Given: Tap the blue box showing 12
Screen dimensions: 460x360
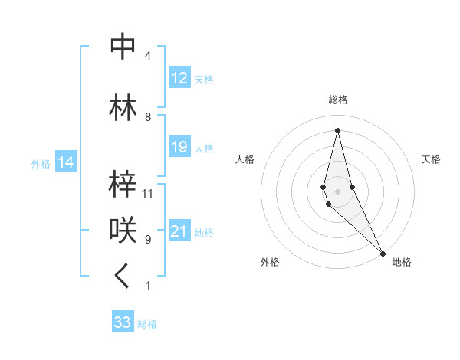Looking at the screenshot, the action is tap(179, 78).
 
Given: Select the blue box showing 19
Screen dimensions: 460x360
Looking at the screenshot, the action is tap(179, 147).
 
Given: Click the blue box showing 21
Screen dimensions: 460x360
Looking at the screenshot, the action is tap(179, 231).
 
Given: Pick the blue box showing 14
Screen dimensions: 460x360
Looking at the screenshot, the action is tap(65, 162).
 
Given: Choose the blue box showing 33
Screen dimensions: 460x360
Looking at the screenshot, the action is tap(122, 322).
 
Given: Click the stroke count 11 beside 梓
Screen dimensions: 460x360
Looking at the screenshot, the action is tap(148, 194).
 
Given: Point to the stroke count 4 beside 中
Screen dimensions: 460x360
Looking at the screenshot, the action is tap(147, 57).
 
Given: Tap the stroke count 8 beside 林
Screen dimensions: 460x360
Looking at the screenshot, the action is tap(147, 117).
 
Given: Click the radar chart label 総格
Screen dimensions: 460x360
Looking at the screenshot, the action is tap(337, 100).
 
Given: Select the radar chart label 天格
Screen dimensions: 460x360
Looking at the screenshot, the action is tap(431, 159).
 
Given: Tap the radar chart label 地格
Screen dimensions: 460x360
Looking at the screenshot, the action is tap(402, 263).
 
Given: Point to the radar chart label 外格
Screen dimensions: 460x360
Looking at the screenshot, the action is tap(269, 263).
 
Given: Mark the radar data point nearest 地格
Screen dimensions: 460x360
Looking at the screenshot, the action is tap(383, 252).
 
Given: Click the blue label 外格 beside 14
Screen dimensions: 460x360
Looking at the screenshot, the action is tap(41, 163).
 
